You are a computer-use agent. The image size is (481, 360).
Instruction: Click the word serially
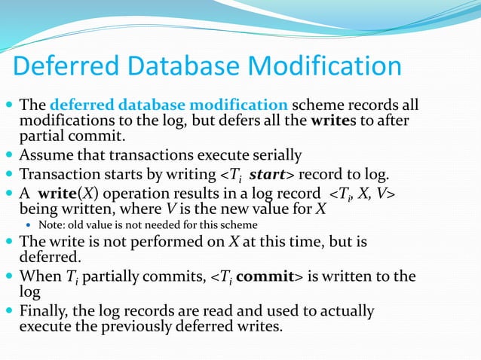pyautogui.click(x=275, y=156)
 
